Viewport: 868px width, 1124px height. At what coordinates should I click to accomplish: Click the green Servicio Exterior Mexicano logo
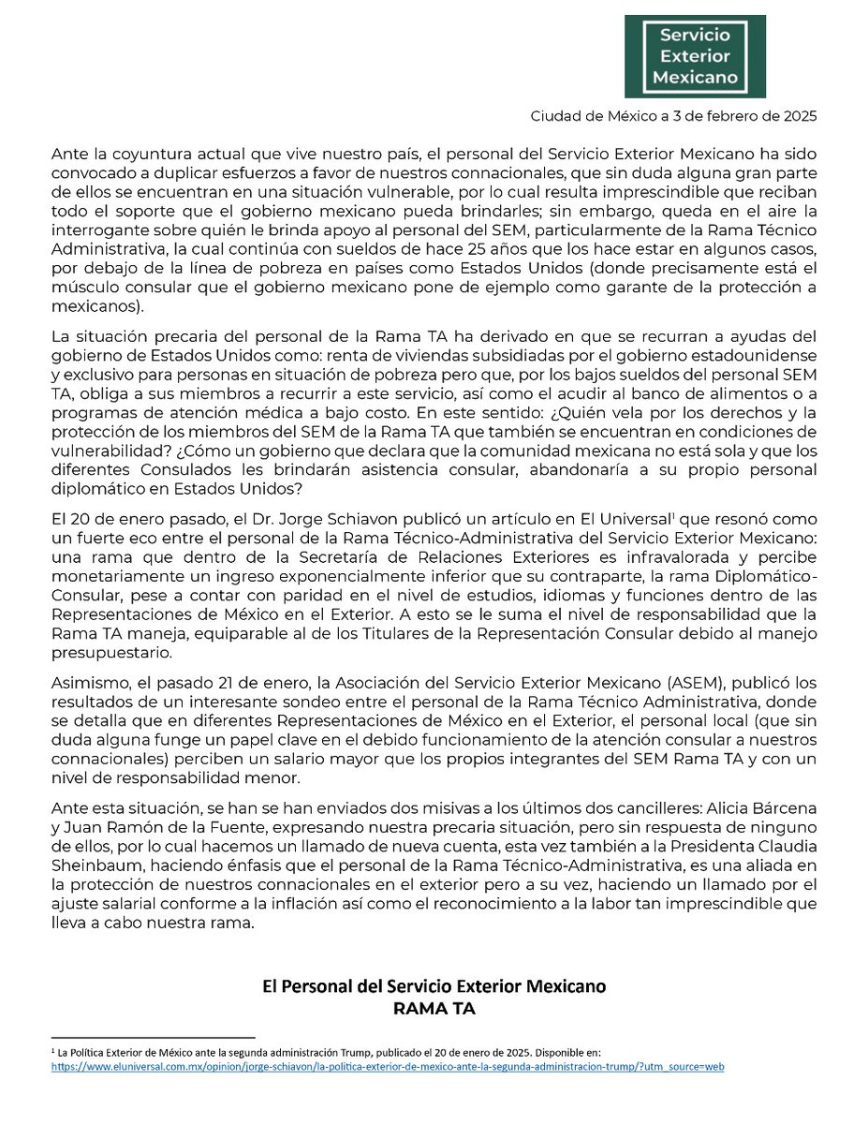point(696,55)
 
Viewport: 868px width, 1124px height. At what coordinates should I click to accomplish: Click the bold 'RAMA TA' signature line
point(434,1007)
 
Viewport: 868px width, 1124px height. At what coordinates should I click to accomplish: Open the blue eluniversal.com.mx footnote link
point(388,1067)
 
